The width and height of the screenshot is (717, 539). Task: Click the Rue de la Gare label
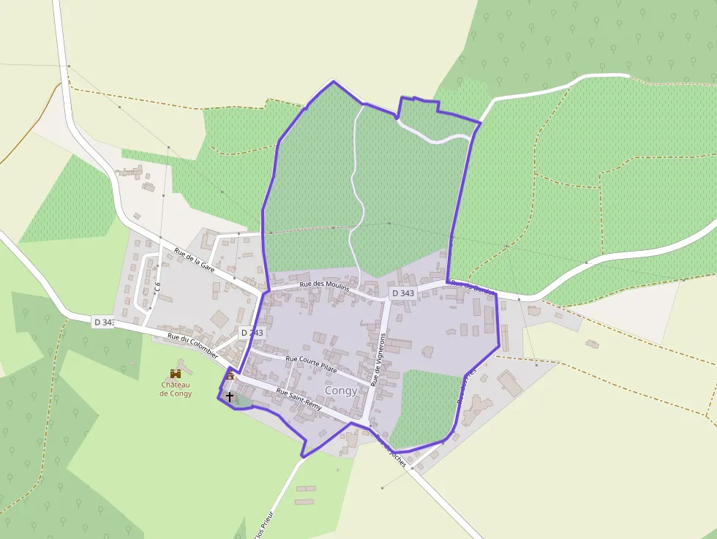pos(195,260)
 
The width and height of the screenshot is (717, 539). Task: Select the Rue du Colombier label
pos(193,345)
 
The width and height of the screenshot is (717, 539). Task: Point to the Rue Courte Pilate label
pos(311,364)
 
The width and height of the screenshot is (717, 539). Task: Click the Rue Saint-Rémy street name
pos(299,399)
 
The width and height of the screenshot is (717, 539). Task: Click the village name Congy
pos(341,391)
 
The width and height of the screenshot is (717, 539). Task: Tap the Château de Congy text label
pos(176,389)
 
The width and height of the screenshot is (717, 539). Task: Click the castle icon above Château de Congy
pos(176,374)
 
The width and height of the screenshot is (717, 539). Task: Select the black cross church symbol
pos(230,396)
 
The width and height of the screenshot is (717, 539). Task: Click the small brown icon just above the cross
pos(230,376)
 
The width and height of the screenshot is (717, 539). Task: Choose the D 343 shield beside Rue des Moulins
pos(403,293)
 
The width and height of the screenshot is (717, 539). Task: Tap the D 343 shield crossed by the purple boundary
pos(252,333)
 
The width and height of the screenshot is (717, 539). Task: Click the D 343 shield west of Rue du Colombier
pos(104,322)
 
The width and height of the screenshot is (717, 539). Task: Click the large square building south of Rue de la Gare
pos(220,320)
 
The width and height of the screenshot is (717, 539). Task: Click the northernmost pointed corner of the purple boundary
pos(334,81)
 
